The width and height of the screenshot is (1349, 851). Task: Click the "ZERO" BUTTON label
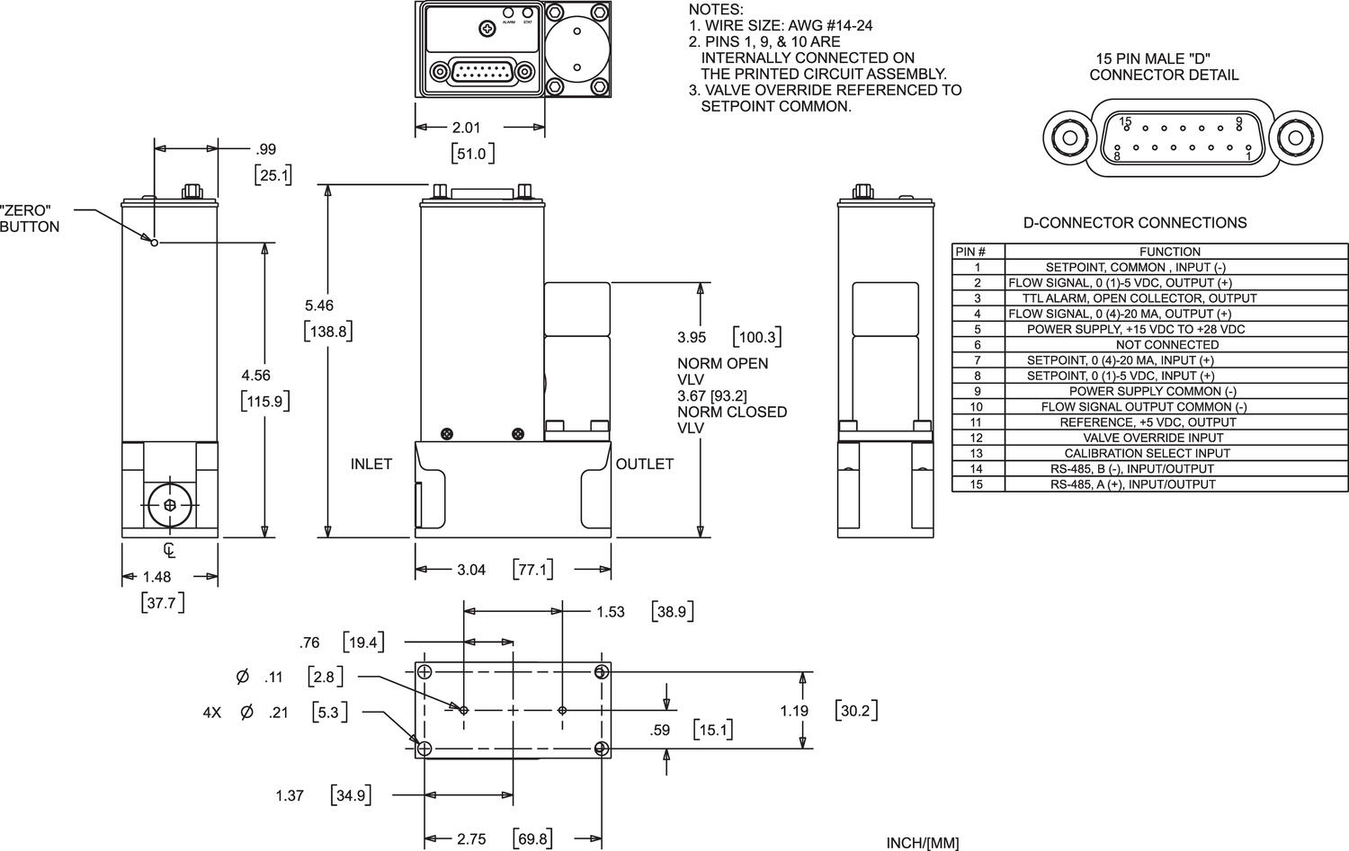click(x=30, y=218)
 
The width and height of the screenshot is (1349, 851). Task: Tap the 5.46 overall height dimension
click(x=320, y=306)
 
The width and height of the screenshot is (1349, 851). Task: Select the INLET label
click(x=371, y=464)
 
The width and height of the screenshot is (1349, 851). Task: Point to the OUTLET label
click(x=644, y=464)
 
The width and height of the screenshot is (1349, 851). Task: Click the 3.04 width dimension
click(x=471, y=570)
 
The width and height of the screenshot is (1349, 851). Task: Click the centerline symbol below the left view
click(x=169, y=550)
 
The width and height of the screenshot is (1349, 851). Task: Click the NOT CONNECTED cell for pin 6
click(x=1167, y=344)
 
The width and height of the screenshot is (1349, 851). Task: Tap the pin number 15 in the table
click(x=976, y=484)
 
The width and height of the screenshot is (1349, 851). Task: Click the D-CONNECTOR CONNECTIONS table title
click(x=1135, y=223)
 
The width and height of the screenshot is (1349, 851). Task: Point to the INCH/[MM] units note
click(x=922, y=843)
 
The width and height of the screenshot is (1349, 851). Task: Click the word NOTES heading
click(x=716, y=9)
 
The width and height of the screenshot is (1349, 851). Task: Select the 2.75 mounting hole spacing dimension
click(x=471, y=839)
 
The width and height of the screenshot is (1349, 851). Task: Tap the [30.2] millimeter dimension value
click(x=855, y=711)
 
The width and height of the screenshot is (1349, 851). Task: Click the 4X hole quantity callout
click(x=212, y=713)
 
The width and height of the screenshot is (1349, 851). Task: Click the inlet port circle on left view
click(x=171, y=506)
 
